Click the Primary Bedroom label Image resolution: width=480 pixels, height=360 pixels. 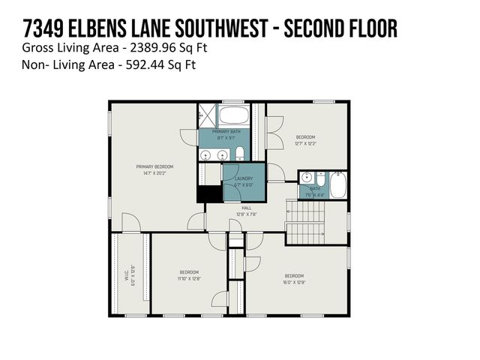[154, 166]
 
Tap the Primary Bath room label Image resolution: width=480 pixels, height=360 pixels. [225, 131]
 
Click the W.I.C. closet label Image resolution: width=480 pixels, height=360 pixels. [131, 274]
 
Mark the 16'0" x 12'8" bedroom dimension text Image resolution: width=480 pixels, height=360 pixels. [293, 282]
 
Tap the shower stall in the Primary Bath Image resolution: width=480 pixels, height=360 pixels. [206, 116]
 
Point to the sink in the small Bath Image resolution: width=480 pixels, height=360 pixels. [305, 178]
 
